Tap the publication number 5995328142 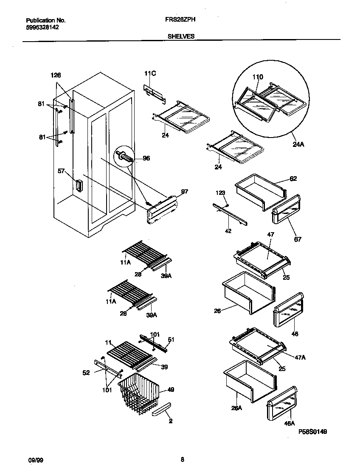tap(42, 27)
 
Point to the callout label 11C tap(150, 73)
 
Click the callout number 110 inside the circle tap(258, 77)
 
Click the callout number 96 tap(146, 158)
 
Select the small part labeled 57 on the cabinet tap(78, 185)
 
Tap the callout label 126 tap(56, 75)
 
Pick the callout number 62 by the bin tap(293, 179)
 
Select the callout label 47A tap(301, 357)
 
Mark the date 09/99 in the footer tap(32, 459)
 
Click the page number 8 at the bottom tap(182, 459)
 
